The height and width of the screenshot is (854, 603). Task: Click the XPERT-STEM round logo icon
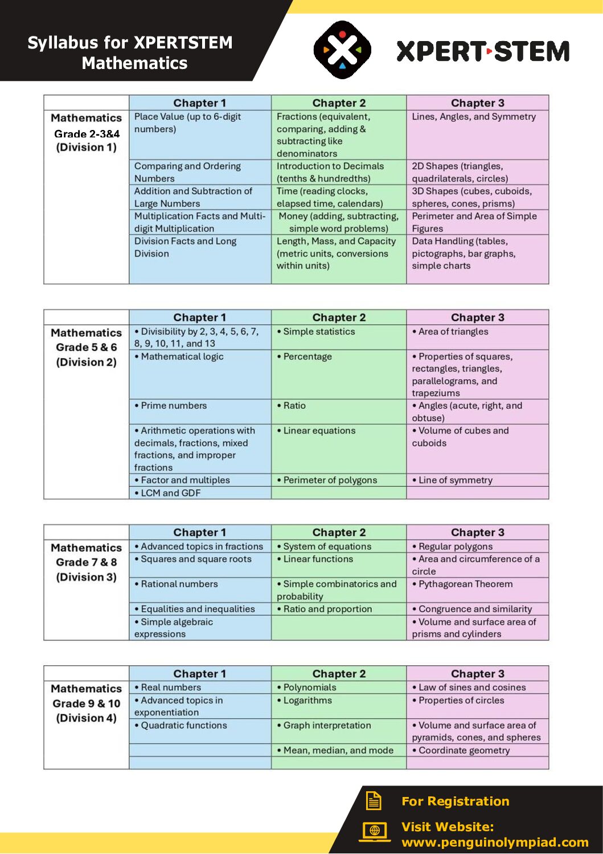click(x=342, y=50)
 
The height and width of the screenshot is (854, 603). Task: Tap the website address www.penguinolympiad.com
click(x=495, y=842)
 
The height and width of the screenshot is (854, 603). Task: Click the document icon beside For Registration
click(x=374, y=800)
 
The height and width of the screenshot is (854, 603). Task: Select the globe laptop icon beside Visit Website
click(x=374, y=831)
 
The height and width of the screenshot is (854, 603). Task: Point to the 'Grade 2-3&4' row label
click(x=87, y=134)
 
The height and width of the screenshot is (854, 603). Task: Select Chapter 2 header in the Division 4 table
click(x=339, y=673)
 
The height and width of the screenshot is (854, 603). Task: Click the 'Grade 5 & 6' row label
click(x=87, y=347)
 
